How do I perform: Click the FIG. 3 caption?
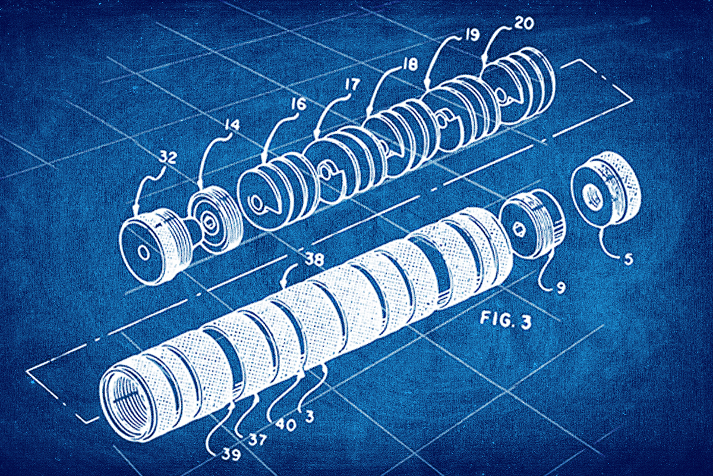pyautogui.click(x=504, y=322)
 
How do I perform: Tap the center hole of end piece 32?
pyautogui.click(x=143, y=251)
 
